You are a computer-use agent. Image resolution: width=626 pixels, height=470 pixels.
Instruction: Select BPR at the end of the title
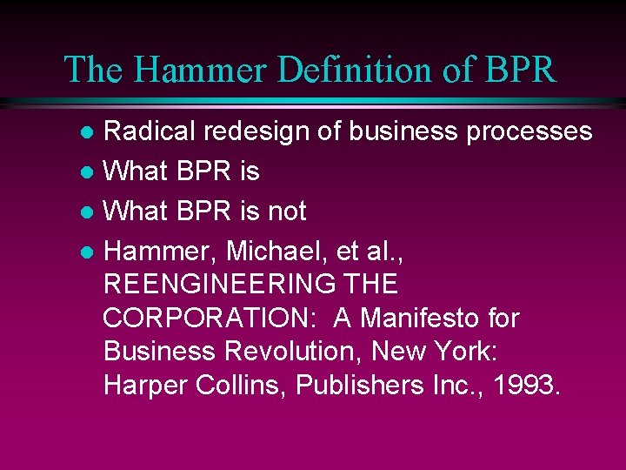[518, 70]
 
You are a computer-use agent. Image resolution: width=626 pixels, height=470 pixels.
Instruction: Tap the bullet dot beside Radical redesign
[87, 133]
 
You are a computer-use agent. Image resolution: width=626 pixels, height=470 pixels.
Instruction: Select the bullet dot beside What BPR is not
[87, 212]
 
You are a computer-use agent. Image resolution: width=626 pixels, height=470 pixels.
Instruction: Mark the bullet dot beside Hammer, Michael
[87, 252]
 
